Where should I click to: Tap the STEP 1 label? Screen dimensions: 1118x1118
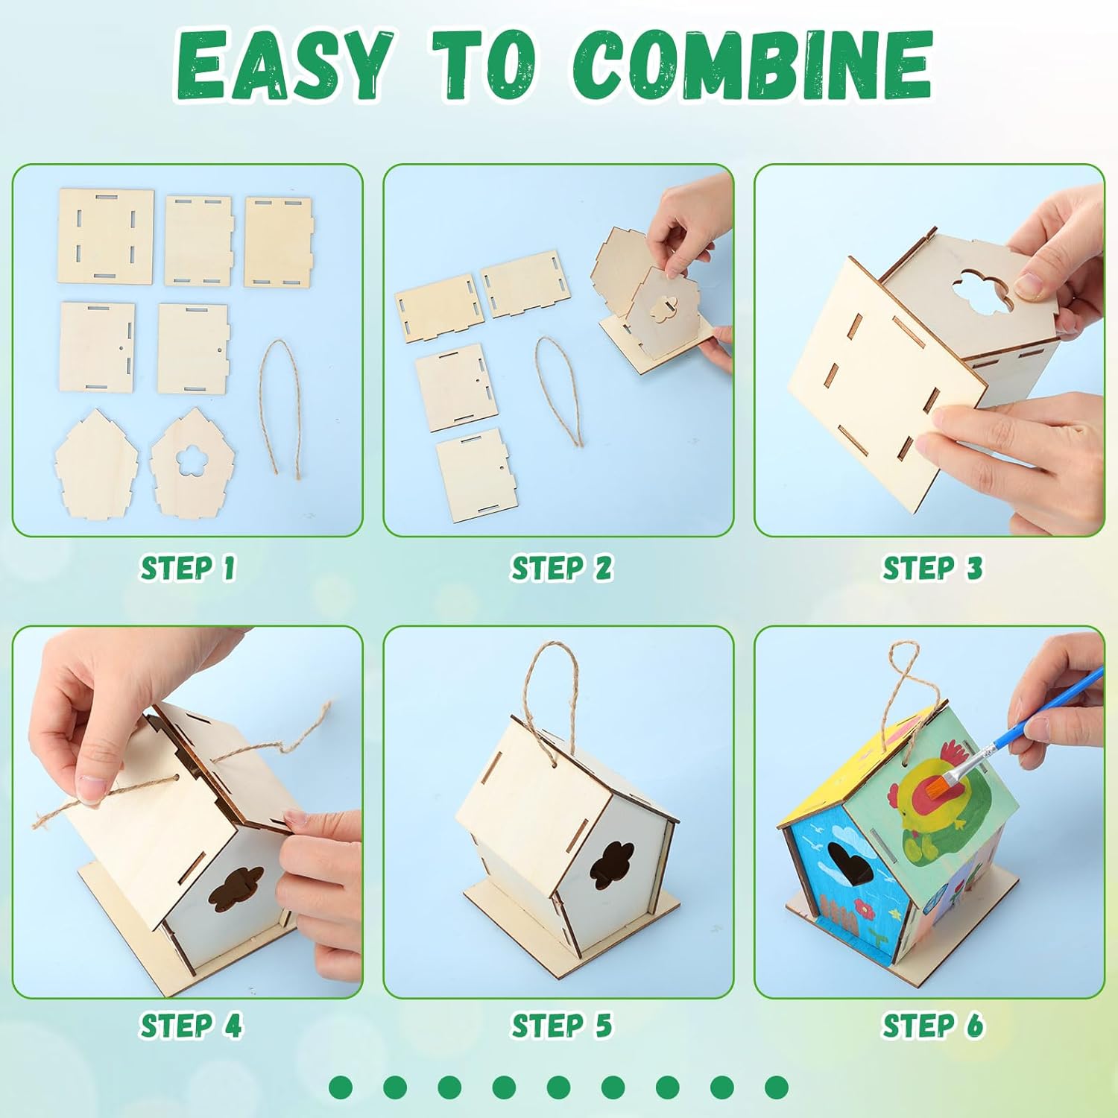click(x=188, y=568)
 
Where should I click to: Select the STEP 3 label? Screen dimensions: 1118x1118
click(x=932, y=568)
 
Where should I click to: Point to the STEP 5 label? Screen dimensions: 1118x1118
click(x=560, y=1026)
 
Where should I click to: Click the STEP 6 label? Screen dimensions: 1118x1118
click(x=932, y=1026)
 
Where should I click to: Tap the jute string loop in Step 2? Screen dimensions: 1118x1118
click(x=559, y=388)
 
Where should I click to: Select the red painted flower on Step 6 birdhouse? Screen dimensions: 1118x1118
click(x=864, y=910)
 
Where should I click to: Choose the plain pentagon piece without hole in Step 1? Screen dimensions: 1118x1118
click(x=96, y=464)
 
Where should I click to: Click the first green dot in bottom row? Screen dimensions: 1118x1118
click(x=341, y=1087)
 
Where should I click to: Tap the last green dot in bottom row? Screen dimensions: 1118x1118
click(x=777, y=1087)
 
